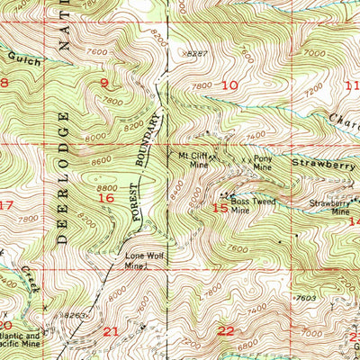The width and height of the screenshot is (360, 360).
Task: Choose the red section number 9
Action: tap(104, 84)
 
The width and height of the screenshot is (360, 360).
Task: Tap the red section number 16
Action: tap(105, 197)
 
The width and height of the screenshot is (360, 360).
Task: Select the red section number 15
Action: tap(220, 208)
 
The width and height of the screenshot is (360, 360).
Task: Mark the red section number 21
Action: tap(112, 331)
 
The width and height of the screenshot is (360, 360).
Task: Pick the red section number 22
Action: tap(225, 331)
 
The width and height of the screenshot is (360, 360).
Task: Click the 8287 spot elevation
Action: tap(189, 54)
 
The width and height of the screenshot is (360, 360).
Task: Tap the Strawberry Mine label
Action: tap(328, 207)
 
